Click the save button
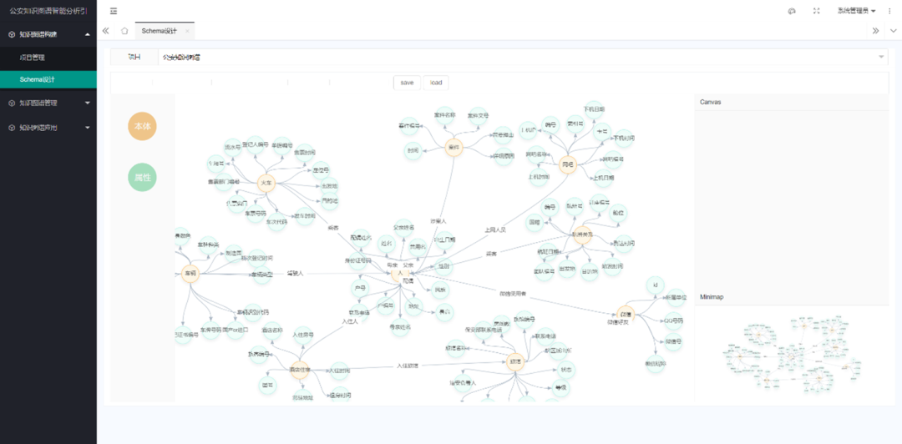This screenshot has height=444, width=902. pyautogui.click(x=407, y=83)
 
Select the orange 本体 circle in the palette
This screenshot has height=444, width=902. pyautogui.click(x=142, y=125)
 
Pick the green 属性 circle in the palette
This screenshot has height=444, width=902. pyautogui.click(x=142, y=178)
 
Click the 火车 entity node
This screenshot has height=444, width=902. pyautogui.click(x=266, y=183)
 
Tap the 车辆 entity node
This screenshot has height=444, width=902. pyautogui.click(x=190, y=274)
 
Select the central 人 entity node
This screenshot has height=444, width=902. pyautogui.click(x=400, y=273)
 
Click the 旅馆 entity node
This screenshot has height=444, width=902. pyautogui.click(x=515, y=362)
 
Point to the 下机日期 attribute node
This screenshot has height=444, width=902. pyautogui.click(x=593, y=109)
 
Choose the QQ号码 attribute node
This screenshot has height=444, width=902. pyautogui.click(x=673, y=320)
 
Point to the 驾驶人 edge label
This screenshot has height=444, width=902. pyautogui.click(x=295, y=273)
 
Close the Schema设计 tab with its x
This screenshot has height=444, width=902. pyautogui.click(x=187, y=31)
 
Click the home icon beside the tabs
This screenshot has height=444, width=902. pyautogui.click(x=124, y=31)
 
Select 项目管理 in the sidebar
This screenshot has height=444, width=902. pyautogui.click(x=33, y=58)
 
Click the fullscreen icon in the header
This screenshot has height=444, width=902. pyautogui.click(x=816, y=11)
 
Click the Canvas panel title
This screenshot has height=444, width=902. pyautogui.click(x=710, y=102)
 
